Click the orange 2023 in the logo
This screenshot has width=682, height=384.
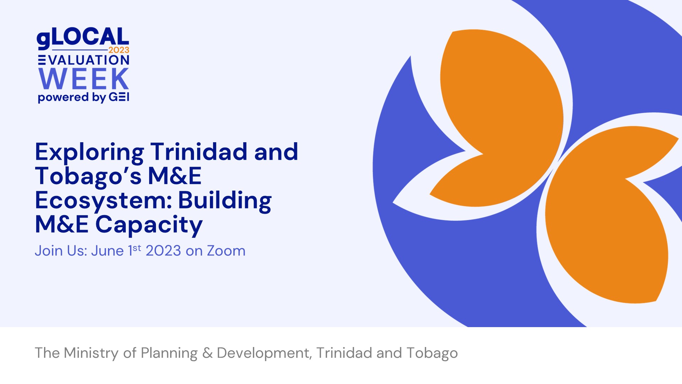(x=119, y=50)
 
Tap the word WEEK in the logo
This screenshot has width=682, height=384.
(x=84, y=79)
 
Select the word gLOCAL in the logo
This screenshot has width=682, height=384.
(x=83, y=38)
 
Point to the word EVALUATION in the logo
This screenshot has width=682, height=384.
(x=84, y=60)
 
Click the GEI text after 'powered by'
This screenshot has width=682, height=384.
(x=119, y=97)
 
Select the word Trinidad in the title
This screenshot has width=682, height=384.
(x=199, y=151)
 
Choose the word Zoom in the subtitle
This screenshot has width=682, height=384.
(x=226, y=251)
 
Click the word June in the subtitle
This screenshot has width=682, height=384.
(x=107, y=251)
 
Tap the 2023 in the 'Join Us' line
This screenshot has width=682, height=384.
(x=163, y=251)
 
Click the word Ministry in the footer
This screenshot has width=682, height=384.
(x=91, y=353)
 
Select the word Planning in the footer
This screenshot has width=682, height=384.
(x=169, y=353)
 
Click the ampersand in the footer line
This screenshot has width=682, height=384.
(x=207, y=353)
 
